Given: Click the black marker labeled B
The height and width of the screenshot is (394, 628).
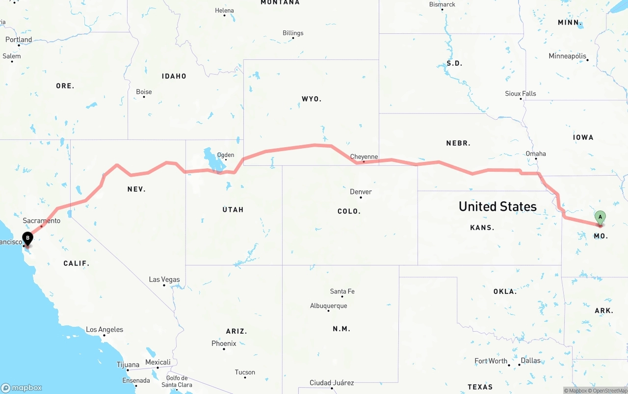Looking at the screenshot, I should click(28, 239).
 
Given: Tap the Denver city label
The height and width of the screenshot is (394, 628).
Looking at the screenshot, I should click(361, 192).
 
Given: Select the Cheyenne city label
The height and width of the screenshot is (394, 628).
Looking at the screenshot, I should click(364, 157).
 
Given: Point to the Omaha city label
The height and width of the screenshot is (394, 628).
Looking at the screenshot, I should click(536, 154).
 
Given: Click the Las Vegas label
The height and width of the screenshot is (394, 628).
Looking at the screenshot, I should click(164, 280).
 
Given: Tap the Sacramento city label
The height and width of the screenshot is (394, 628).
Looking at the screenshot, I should click(42, 221).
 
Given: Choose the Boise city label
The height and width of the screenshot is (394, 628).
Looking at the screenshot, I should click(144, 92).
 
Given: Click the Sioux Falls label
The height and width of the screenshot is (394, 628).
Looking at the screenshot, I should click(521, 93).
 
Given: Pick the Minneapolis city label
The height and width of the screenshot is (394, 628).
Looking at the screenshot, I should click(568, 56).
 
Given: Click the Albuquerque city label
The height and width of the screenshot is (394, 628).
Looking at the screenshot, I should click(328, 306).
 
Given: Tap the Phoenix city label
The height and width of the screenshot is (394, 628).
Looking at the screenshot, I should click(224, 343).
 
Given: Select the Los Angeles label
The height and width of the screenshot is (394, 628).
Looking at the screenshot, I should click(105, 330).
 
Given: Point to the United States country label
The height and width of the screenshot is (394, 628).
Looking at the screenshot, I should click(497, 207).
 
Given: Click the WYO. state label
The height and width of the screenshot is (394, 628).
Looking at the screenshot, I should click(312, 99).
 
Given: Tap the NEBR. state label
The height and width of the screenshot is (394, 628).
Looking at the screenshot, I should click(458, 143).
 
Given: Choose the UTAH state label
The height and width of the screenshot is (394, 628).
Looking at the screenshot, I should click(233, 210).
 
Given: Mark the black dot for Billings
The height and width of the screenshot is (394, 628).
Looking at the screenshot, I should click(293, 40).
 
